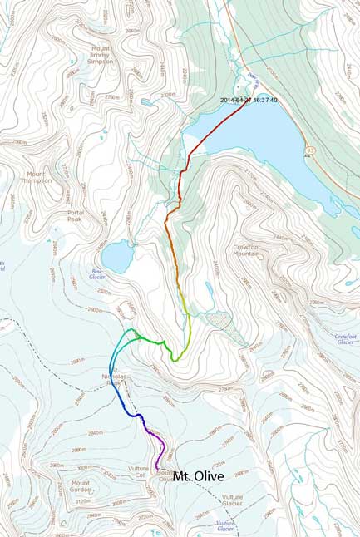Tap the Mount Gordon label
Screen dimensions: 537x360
81,487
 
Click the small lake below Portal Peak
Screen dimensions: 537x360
115,257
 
